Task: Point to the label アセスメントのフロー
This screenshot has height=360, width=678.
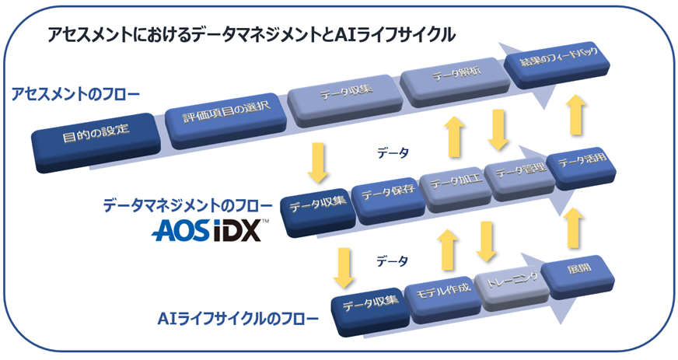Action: click(x=75, y=95)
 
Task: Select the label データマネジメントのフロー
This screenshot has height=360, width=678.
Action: click(x=187, y=205)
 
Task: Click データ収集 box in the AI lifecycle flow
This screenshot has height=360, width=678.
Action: click(x=371, y=303)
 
